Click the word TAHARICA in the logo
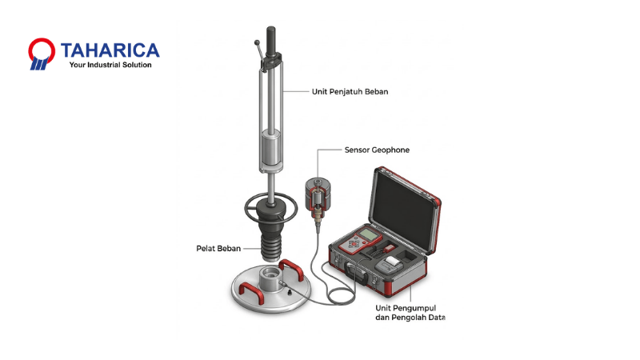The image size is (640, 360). point(110,50)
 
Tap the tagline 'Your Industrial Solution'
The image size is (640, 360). point(110,65)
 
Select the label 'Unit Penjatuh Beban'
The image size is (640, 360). point(350,92)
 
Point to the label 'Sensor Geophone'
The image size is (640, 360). point(377,150)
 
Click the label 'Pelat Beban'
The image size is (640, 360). point(218,249)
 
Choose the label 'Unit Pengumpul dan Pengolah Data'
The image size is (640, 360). point(410,313)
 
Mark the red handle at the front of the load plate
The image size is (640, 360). point(250,291)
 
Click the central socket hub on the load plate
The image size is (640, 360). point(270,280)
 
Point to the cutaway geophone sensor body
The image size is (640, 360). point(318,198)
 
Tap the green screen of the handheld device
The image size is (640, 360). point(369,234)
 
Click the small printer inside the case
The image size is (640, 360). point(388,265)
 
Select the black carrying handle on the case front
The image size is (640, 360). point(356,274)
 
